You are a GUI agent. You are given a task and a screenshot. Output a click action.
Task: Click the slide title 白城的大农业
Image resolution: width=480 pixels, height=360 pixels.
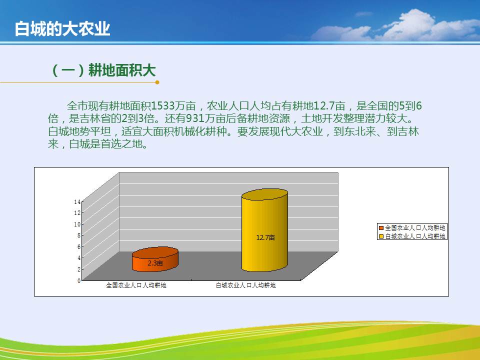tap(62, 29)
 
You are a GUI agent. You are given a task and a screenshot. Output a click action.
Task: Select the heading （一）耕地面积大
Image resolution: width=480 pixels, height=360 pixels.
tap(103, 70)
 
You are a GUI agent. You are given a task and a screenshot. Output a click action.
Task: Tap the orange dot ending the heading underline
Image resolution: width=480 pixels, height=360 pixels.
tap(157, 82)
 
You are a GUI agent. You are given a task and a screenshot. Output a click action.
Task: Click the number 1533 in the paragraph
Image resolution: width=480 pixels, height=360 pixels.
tap(163, 106)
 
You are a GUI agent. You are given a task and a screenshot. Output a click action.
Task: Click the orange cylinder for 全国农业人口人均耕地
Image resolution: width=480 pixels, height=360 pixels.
tap(155, 259)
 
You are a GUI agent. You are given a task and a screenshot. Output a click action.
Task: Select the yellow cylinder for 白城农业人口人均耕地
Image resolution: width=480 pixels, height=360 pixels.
tap(265, 230)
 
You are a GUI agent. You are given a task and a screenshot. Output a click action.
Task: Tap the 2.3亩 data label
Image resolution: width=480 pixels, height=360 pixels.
tap(155, 263)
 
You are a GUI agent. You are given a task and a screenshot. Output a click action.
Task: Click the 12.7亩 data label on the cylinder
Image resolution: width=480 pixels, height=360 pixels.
tap(265, 237)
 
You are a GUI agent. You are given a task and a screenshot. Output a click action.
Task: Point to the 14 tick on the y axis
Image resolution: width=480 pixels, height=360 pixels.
tap(77, 201)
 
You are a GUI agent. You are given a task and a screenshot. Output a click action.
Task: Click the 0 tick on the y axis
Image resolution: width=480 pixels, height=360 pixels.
tap(79, 280)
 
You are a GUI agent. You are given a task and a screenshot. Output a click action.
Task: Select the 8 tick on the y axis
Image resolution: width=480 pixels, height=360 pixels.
tap(79, 235)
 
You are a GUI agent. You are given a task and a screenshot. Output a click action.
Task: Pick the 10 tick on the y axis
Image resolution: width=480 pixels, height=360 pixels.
tap(77, 224)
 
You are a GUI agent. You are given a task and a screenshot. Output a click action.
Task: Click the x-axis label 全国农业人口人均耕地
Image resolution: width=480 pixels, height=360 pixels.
tap(136, 285)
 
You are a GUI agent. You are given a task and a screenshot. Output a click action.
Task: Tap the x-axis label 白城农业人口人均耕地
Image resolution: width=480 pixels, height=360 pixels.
tap(246, 285)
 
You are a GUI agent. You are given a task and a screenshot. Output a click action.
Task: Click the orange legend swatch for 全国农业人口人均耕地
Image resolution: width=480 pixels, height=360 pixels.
tap(381, 228)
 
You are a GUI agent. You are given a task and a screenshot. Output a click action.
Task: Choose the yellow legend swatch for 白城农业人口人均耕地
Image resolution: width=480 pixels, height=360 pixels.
tap(381, 236)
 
